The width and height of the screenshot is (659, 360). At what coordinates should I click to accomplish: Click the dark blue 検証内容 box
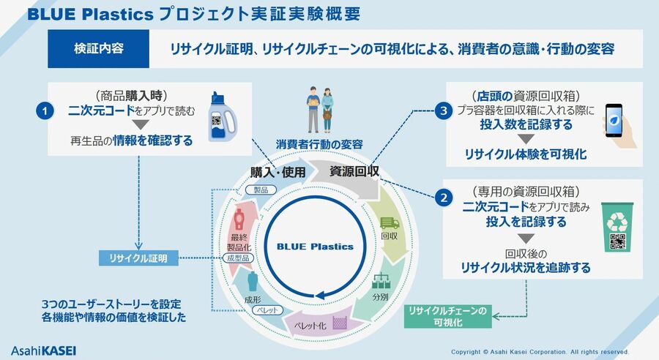coord(98,49)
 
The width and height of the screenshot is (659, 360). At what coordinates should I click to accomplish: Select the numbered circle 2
coord(442,196)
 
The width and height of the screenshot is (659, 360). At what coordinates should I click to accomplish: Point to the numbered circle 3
coord(442,111)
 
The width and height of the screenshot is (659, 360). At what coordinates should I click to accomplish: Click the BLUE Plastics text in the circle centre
coord(319,247)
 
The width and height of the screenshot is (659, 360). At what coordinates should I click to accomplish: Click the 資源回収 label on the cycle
coord(354,172)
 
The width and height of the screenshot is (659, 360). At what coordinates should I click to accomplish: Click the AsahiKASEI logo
coord(44,346)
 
